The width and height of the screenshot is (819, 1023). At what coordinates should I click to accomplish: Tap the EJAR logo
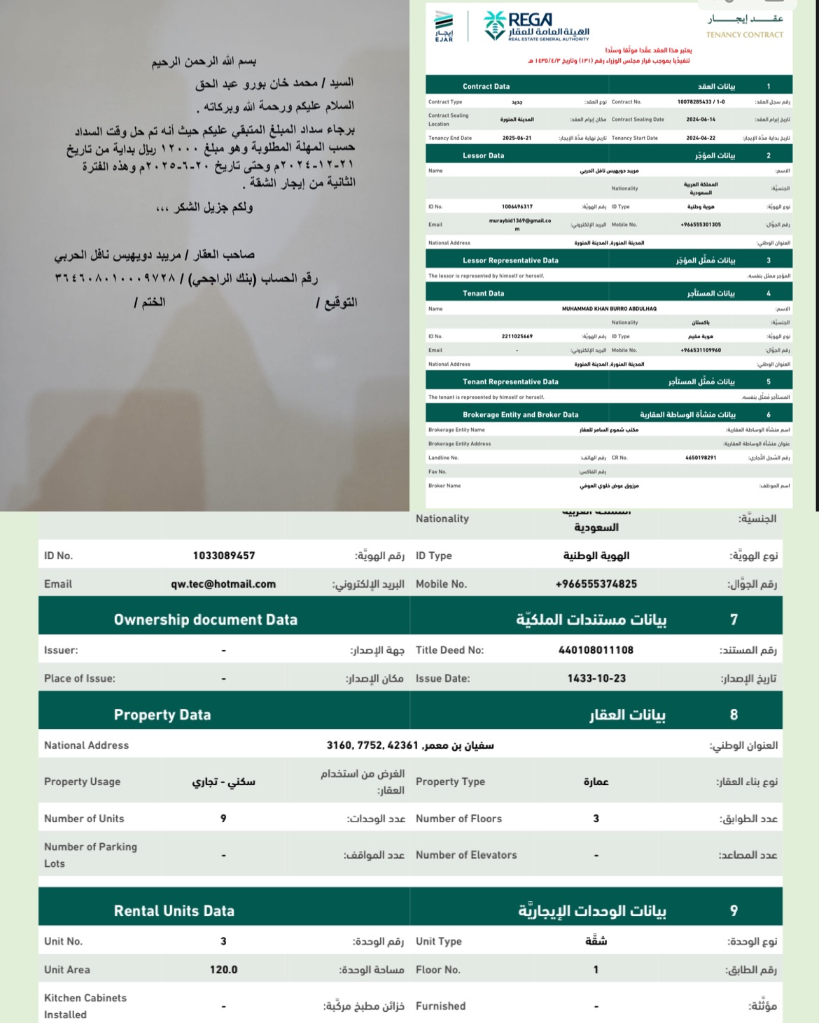click(x=444, y=27)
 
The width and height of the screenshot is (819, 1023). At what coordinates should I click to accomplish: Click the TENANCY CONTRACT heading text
click(x=744, y=34)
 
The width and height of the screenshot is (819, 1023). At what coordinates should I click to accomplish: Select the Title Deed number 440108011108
click(x=596, y=650)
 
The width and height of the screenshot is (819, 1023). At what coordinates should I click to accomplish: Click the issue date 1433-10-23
click(x=596, y=678)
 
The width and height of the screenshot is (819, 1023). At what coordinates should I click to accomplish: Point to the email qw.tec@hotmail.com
click(x=223, y=584)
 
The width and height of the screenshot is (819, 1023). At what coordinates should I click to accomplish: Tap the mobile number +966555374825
click(x=596, y=584)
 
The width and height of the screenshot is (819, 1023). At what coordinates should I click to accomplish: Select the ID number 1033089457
click(x=224, y=556)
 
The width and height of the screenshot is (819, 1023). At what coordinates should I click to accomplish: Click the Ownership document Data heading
click(x=205, y=620)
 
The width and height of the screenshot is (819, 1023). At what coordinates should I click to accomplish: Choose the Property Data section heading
click(x=162, y=715)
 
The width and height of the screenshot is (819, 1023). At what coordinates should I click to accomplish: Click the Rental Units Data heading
click(x=174, y=911)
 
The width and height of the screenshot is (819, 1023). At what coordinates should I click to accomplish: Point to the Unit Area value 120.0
click(x=223, y=970)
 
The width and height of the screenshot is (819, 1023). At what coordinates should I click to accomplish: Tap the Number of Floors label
click(x=458, y=819)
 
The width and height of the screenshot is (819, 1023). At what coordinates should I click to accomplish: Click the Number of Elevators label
click(x=466, y=855)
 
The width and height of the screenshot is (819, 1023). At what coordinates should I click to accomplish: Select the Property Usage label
click(x=82, y=782)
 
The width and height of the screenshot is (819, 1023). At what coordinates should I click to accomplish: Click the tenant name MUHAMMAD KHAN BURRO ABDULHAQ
click(x=609, y=309)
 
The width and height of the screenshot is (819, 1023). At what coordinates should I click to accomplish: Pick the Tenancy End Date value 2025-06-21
click(x=517, y=138)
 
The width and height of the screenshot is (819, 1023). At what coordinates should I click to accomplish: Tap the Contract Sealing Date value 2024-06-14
click(x=701, y=120)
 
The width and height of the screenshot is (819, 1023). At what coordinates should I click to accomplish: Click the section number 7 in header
click(x=734, y=620)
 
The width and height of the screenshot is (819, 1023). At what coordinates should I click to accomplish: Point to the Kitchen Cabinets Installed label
click(x=85, y=1006)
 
